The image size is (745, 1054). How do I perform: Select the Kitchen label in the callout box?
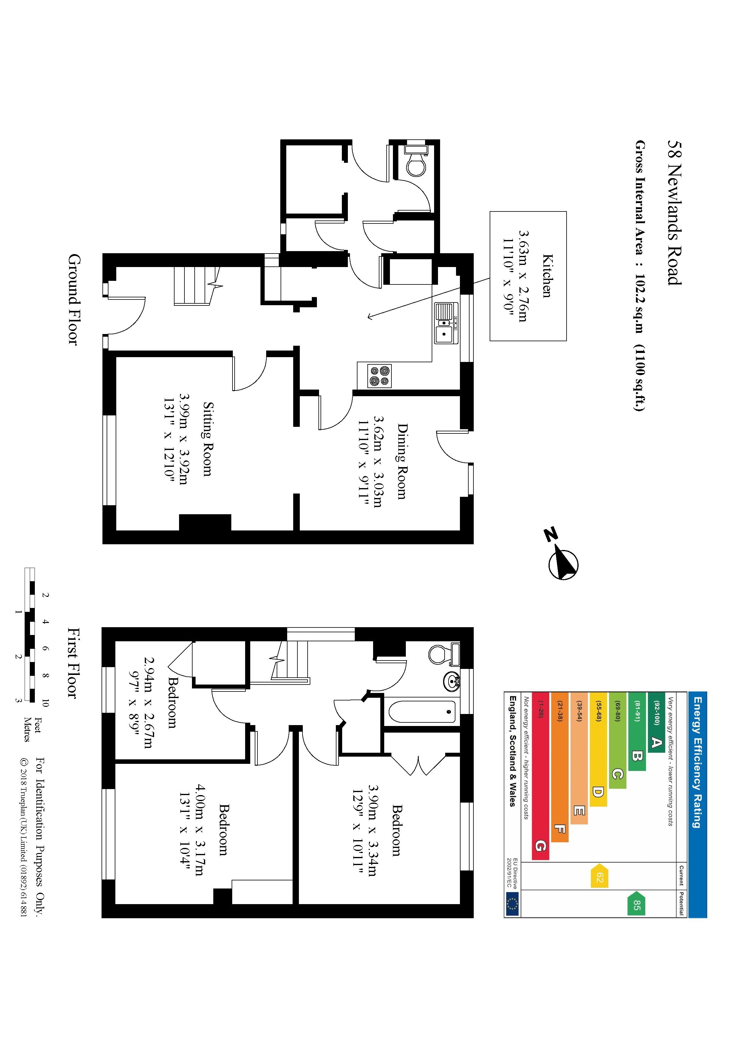click(547, 276)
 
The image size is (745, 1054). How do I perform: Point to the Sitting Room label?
click(208, 439)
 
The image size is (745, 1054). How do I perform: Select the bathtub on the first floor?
click(422, 712)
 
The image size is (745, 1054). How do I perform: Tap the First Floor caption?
click(73, 663)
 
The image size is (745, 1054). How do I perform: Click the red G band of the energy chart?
click(540, 845)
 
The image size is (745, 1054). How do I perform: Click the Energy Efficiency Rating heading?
click(697, 762)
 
